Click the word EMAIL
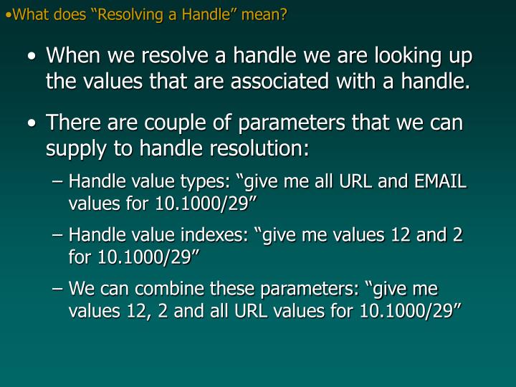click(x=439, y=182)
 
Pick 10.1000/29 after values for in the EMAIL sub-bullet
click(x=206, y=204)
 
